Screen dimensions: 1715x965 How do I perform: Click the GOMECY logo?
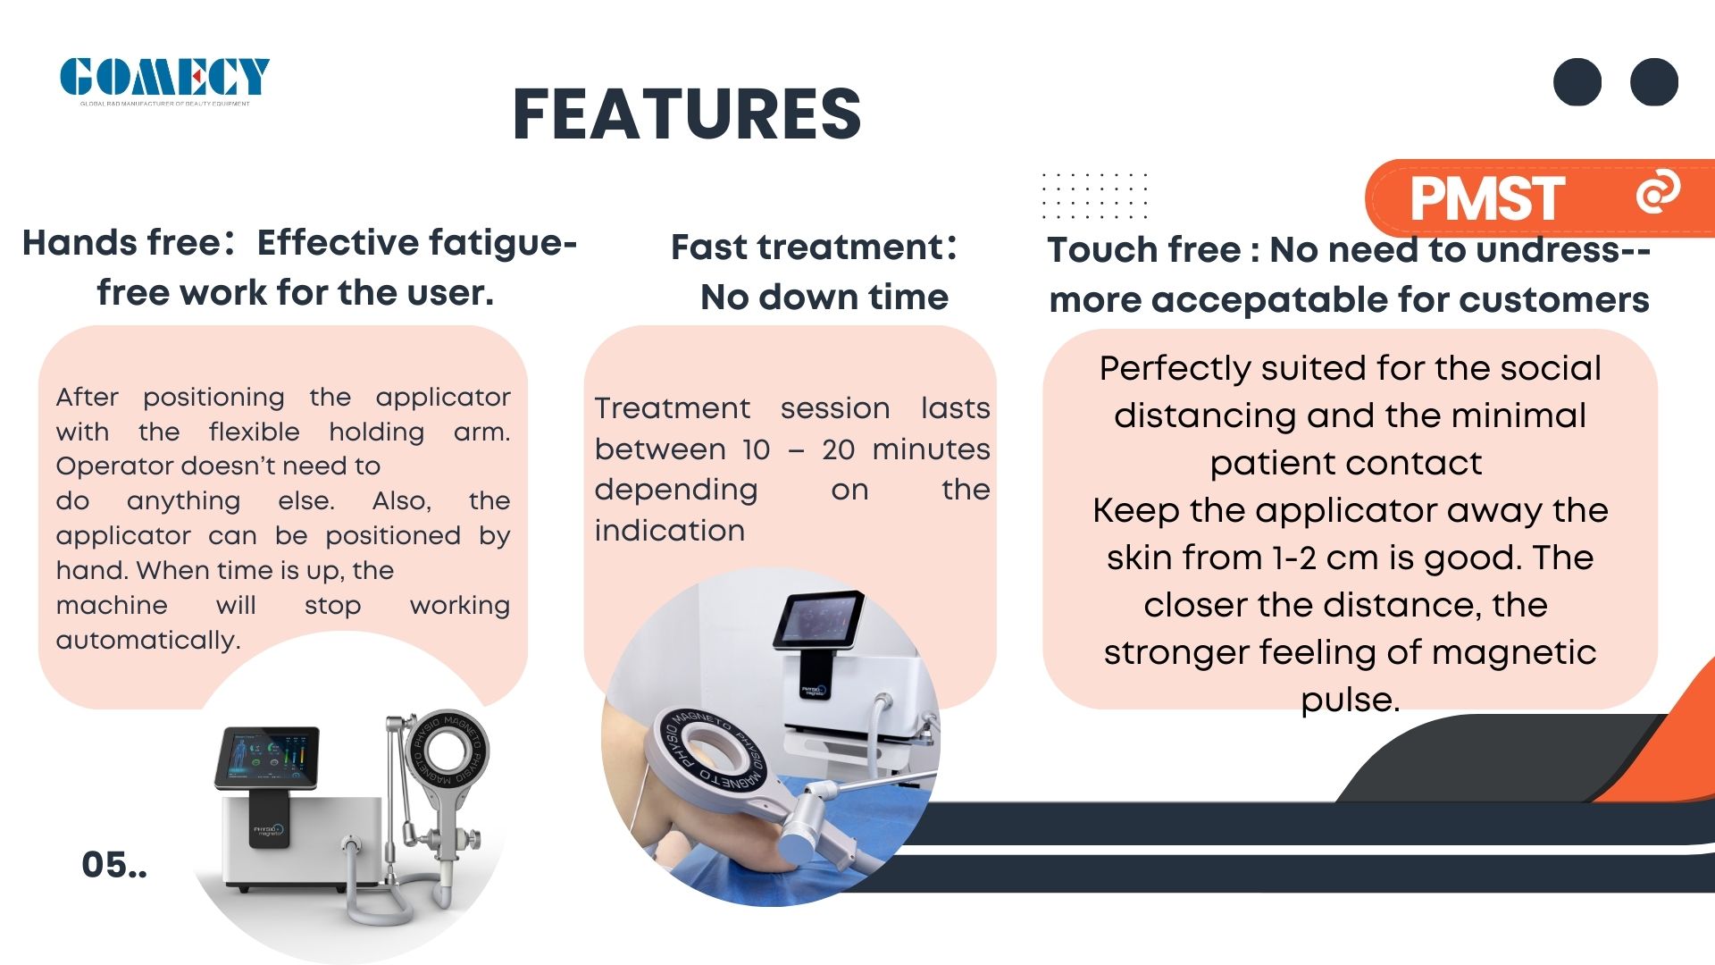coord(164,80)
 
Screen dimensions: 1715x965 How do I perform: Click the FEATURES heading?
coord(687,114)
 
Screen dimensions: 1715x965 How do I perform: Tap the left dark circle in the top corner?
coord(1577,82)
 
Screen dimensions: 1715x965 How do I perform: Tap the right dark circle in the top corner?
coord(1654,82)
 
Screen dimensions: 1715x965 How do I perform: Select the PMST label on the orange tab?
coord(1486,197)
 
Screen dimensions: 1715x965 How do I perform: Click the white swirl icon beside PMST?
coord(1658,191)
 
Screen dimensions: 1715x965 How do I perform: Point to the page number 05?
coord(114,865)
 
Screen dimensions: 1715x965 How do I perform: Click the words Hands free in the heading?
coord(121,242)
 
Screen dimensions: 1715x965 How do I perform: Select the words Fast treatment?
coord(807,247)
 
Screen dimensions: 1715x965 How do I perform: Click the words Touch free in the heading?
coord(1144,249)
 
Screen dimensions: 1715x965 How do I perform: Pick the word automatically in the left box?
coord(148,640)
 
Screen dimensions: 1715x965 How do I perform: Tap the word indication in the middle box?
coord(669,531)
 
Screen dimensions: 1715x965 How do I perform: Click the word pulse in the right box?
coord(1350,700)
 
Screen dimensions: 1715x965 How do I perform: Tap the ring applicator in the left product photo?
coord(446,749)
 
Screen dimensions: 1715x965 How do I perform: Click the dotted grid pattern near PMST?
coord(1094,196)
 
